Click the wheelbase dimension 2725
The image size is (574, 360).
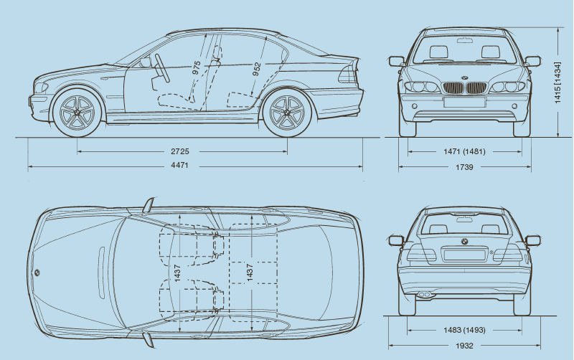(180, 152)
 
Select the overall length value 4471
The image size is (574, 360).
(180, 166)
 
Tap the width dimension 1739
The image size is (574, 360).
(464, 166)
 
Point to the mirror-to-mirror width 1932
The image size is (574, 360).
(464, 345)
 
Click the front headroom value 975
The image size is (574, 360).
(197, 68)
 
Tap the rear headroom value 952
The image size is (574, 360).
(256, 69)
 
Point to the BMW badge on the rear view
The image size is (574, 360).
(464, 241)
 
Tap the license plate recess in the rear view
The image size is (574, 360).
(464, 255)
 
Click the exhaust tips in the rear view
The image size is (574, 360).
(425, 294)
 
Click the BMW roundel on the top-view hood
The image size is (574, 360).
(37, 272)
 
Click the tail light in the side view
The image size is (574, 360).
(349, 74)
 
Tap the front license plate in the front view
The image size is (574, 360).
(464, 102)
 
